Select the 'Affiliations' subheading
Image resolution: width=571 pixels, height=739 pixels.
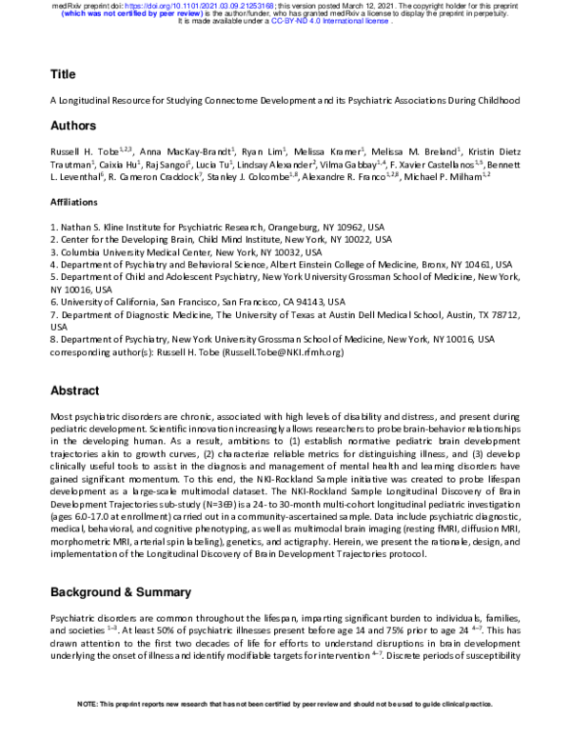point(73,203)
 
